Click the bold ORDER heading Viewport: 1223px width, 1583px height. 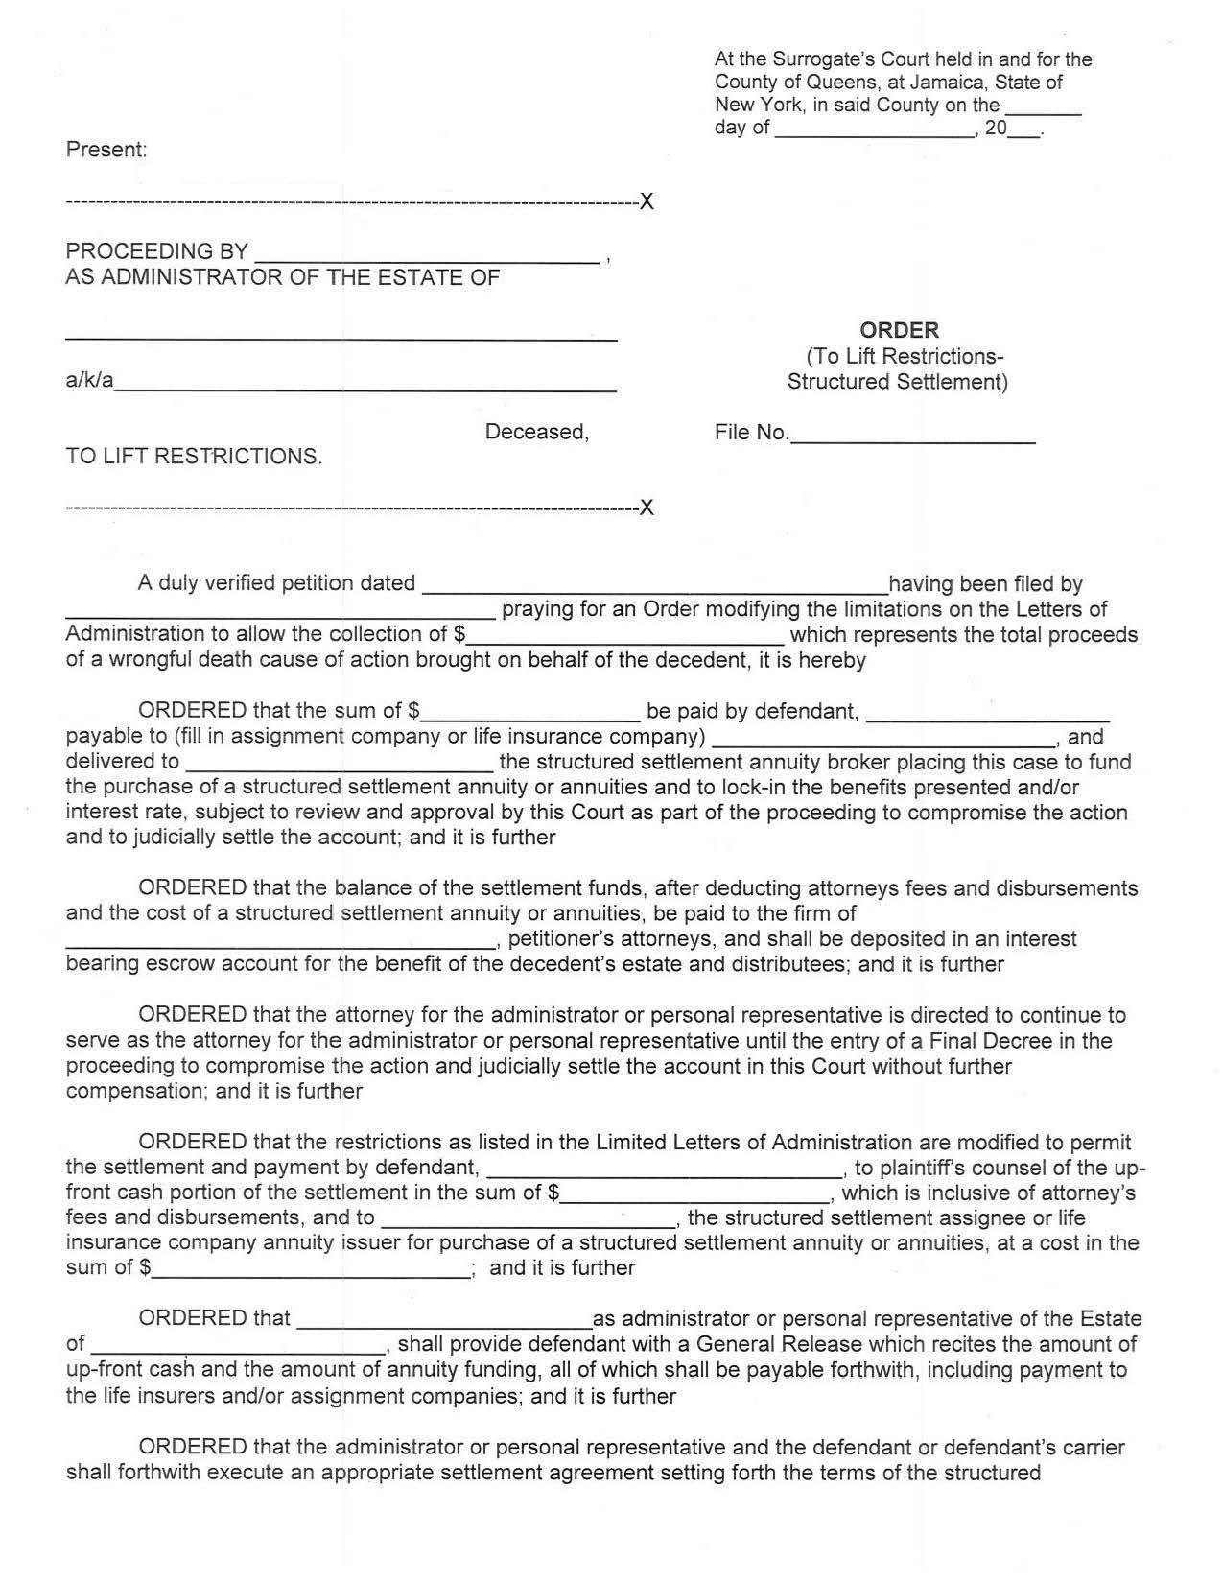click(899, 330)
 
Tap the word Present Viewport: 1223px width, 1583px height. click(106, 150)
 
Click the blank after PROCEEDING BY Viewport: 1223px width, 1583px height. click(427, 255)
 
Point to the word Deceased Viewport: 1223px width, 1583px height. click(536, 432)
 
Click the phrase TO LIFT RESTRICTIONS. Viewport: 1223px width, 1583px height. click(194, 457)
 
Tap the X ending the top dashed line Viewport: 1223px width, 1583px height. click(647, 202)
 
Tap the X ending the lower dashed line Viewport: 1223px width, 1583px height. click(647, 508)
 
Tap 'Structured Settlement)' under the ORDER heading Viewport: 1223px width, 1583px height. click(897, 382)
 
